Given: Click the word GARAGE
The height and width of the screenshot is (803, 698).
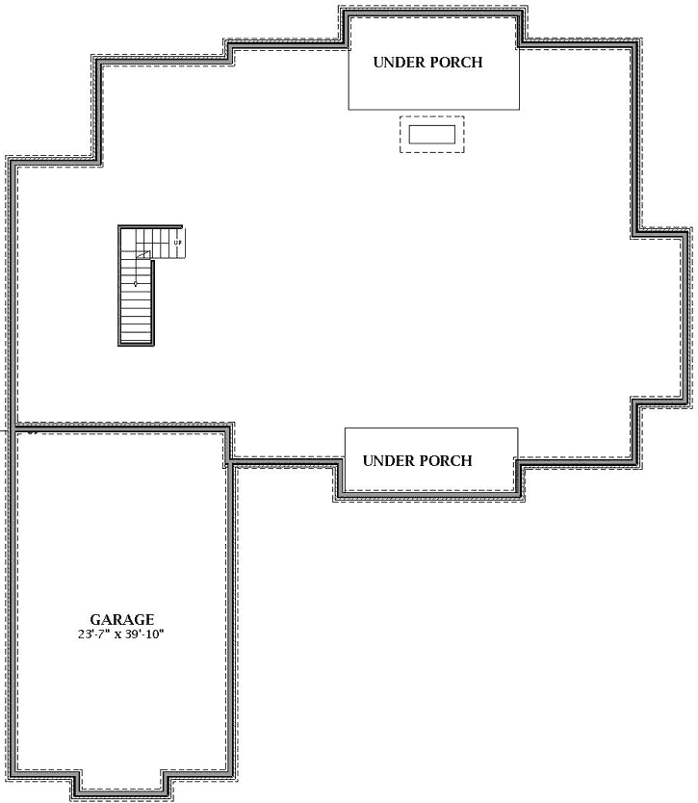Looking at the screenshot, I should [x=121, y=620].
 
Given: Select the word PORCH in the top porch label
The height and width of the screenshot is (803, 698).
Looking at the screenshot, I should [x=456, y=63].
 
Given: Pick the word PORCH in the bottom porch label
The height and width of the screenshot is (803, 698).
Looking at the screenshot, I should [x=446, y=460].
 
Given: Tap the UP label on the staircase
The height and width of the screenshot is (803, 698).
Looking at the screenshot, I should [x=177, y=243].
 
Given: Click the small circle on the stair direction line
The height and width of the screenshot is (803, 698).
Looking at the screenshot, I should [x=136, y=284].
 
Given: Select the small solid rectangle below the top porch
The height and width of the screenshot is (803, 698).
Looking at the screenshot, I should [x=431, y=134].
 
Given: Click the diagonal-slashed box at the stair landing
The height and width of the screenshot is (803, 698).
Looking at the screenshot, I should [x=143, y=254].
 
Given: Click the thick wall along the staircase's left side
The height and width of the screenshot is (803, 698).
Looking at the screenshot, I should [x=119, y=289].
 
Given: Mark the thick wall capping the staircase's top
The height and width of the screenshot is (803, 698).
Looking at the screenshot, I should [x=149, y=226].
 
